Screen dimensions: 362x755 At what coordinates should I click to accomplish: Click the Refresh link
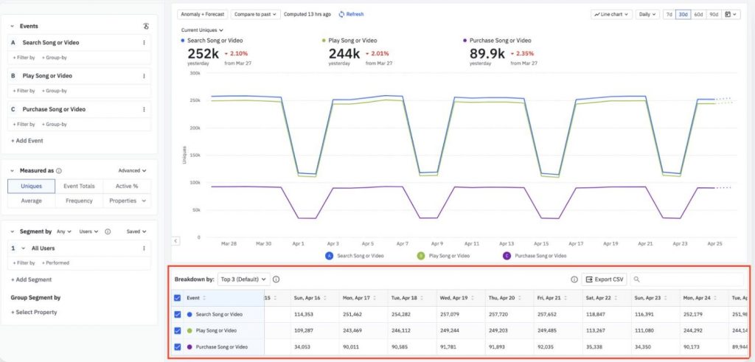(351, 14)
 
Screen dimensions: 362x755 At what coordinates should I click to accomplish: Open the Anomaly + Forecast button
(203, 14)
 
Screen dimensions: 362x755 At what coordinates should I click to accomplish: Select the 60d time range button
(698, 14)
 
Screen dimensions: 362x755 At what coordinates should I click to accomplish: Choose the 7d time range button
(669, 14)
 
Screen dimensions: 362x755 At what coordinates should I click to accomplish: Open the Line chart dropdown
(611, 14)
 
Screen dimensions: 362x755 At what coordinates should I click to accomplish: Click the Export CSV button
(603, 279)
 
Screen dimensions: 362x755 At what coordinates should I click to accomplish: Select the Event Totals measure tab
(80, 186)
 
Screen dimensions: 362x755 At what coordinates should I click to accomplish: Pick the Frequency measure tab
(80, 201)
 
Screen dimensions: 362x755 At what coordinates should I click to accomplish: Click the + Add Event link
(27, 139)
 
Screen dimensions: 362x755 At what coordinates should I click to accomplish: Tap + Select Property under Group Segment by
(34, 313)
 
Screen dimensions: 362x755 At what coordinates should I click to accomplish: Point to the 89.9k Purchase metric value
(487, 54)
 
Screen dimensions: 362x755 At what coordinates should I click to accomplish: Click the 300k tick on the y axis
(195, 73)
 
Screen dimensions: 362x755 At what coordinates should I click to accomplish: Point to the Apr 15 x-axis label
(540, 243)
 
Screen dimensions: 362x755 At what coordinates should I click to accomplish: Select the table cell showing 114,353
(307, 314)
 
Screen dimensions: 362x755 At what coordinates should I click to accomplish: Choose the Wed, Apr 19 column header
(455, 298)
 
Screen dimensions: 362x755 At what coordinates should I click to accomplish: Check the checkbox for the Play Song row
(177, 330)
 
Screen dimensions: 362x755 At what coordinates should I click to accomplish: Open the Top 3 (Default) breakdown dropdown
(243, 279)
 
